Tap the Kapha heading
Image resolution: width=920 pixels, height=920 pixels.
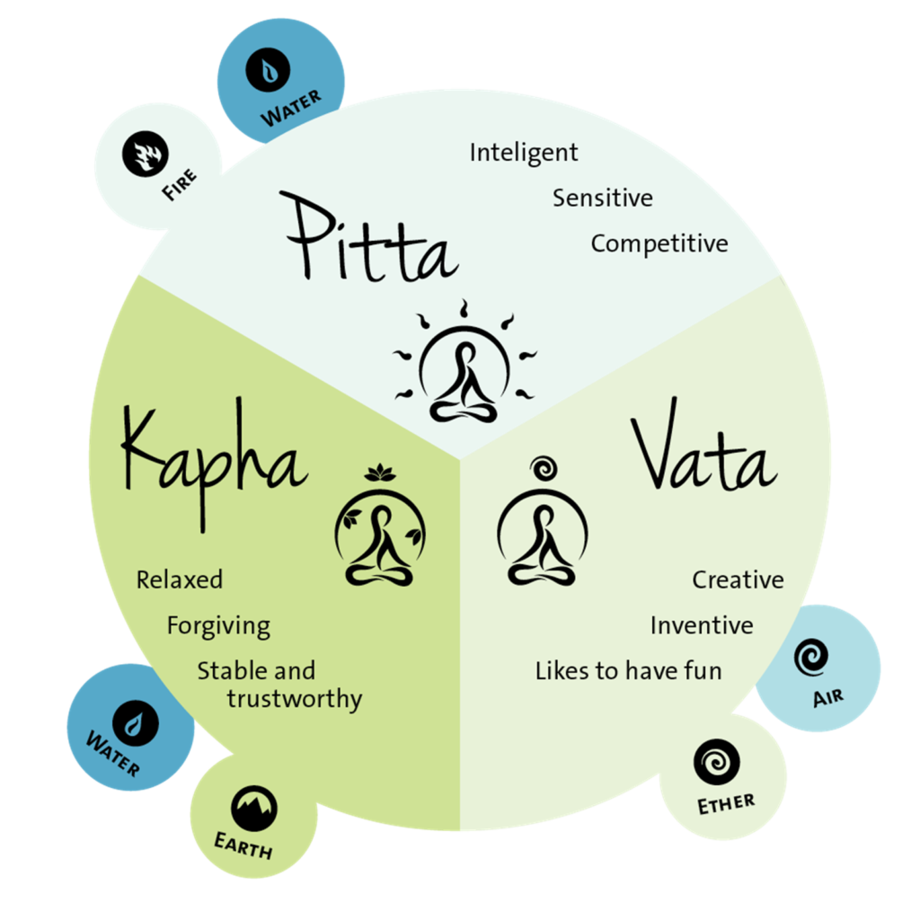[214, 449]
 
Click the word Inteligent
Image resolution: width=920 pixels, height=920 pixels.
[524, 153]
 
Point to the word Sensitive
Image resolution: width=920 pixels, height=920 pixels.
[602, 198]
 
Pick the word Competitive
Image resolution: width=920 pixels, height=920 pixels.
[659, 243]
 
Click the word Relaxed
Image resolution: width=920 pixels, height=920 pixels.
[179, 579]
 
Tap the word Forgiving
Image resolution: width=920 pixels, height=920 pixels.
[218, 625]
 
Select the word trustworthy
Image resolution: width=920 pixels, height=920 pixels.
[294, 699]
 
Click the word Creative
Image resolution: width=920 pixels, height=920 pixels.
[737, 580]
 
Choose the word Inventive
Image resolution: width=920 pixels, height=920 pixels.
[702, 625]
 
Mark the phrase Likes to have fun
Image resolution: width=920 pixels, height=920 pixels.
[628, 671]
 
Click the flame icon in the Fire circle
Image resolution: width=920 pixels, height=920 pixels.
[146, 155]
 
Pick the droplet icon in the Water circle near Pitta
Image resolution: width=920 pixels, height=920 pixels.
[270, 71]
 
